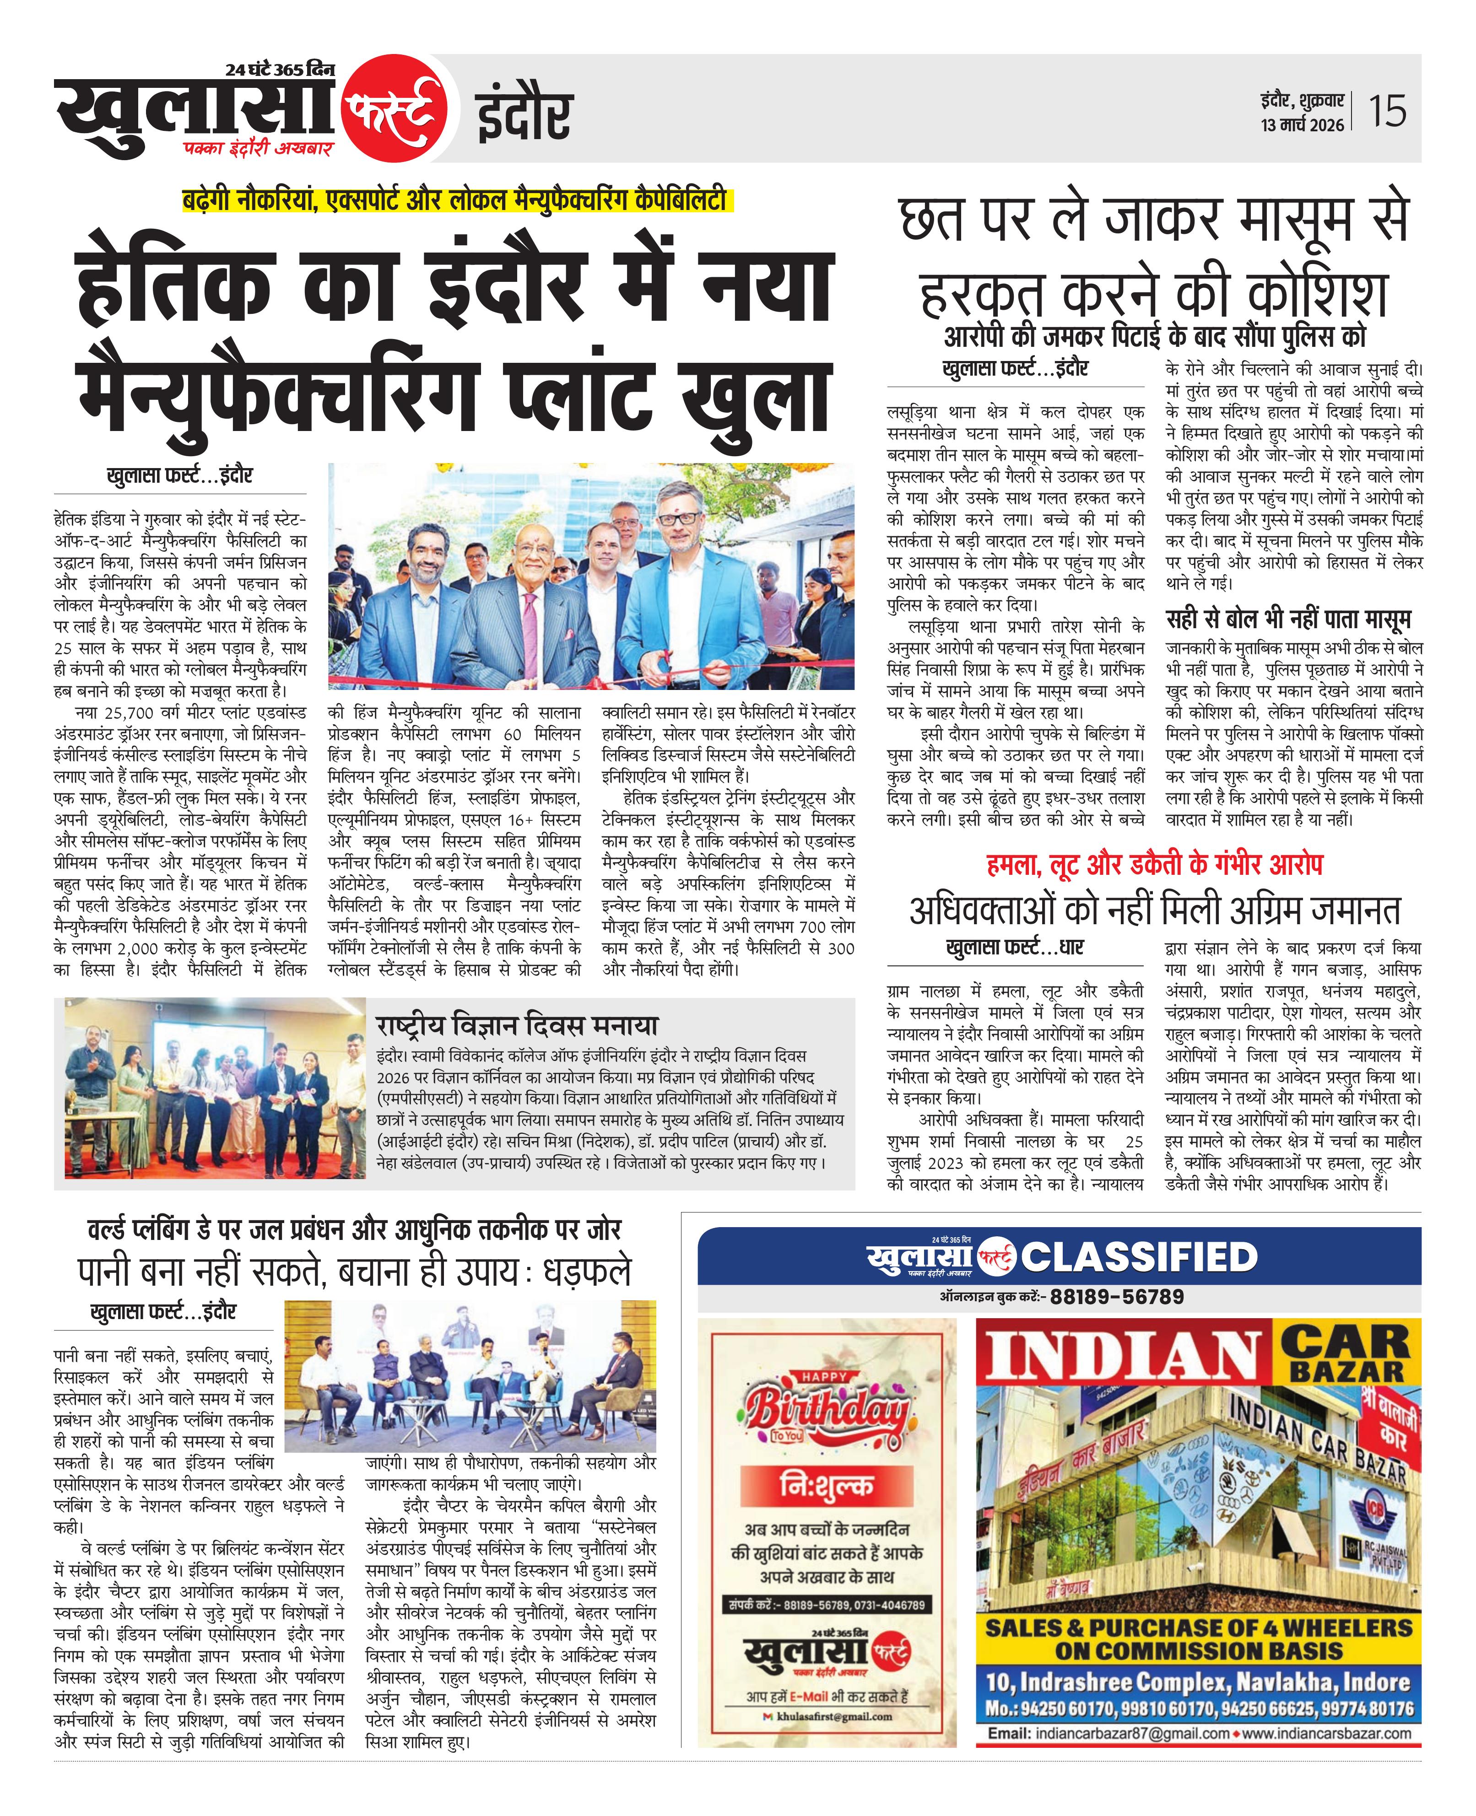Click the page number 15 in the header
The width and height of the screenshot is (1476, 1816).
coord(1388,111)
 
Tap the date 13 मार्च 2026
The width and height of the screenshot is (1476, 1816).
coord(1303,125)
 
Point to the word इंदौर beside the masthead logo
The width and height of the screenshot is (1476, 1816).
coord(522,116)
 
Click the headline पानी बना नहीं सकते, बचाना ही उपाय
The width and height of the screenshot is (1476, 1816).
coord(355,1272)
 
